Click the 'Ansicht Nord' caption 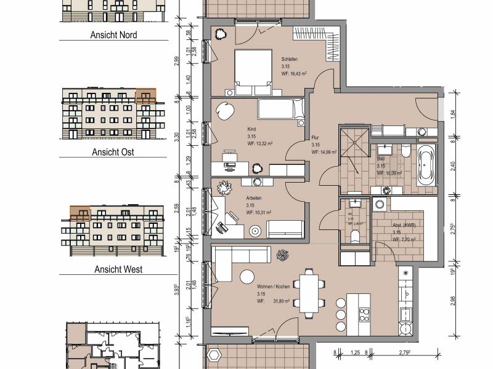[x=114, y=35]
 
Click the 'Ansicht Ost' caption [x=113, y=152]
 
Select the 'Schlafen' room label [x=290, y=58]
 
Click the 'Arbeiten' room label [x=254, y=198]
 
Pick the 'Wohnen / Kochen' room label [x=274, y=287]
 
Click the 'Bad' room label [x=381, y=159]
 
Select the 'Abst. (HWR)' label [x=404, y=224]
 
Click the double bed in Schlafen [x=253, y=71]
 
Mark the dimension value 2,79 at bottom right [x=406, y=352]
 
